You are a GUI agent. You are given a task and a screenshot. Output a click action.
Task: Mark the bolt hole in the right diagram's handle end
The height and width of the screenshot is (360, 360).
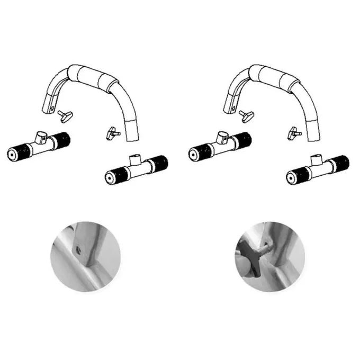(x=233, y=110)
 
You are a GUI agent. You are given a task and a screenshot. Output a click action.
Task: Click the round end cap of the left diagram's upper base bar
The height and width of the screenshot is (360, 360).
(x=12, y=153)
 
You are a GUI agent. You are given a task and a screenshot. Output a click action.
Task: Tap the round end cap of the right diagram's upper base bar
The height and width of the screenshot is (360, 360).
(x=192, y=154)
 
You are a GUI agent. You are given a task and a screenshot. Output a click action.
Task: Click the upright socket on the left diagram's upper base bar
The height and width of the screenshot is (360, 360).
(x=40, y=137)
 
